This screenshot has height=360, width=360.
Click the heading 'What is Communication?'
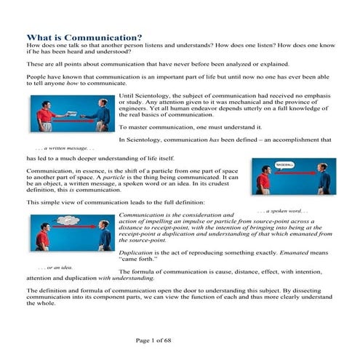84,38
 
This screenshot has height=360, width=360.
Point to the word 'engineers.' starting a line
132,109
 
